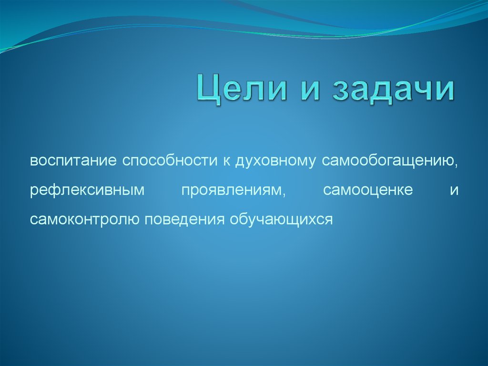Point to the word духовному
[x=274, y=161]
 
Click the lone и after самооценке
[x=453, y=190]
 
